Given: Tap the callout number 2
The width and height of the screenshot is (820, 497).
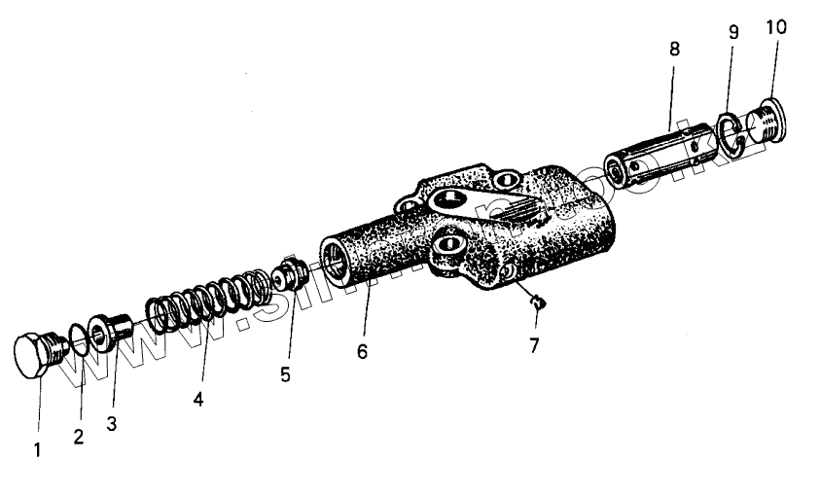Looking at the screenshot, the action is [79, 437].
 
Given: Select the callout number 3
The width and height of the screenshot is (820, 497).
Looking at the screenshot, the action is [112, 424].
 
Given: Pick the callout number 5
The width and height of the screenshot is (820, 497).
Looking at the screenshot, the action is [285, 374].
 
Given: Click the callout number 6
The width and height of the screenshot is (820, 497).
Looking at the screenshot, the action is [362, 351].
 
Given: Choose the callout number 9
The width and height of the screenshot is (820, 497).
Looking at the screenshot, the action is [733, 32].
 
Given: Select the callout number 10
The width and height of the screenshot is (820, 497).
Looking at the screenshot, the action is [775, 26].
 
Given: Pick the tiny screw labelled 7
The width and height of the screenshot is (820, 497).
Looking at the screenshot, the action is [536, 303].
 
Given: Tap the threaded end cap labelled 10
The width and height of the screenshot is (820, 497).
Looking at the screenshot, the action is [767, 120].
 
